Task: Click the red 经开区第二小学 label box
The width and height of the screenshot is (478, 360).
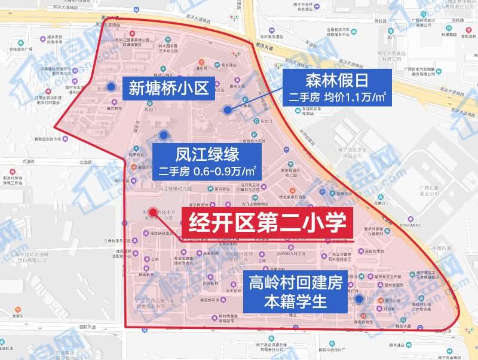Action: pos(267,224)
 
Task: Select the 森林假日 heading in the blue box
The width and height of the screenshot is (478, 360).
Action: pos(336,80)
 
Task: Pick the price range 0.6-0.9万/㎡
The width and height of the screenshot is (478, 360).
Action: pos(224,171)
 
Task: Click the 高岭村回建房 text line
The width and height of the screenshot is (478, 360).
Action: pos(296,280)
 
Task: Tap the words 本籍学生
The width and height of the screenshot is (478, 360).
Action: pos(296,301)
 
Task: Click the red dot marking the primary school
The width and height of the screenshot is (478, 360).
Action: pos(154,212)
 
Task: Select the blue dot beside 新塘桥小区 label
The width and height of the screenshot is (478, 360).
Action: pos(112,87)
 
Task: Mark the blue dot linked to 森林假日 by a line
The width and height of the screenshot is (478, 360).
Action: pos(228,109)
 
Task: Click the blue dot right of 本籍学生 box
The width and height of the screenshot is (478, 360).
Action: pos(358,299)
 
